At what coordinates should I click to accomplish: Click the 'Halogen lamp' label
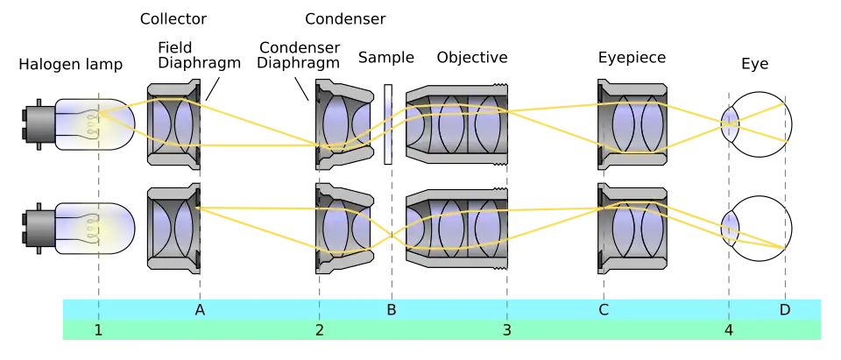click(71, 65)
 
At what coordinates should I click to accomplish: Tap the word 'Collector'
click(173, 19)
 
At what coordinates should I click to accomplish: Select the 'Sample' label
click(386, 58)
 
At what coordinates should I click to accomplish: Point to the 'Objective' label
click(472, 58)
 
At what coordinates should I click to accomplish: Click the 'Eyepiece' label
click(632, 58)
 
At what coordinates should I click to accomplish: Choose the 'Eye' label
click(754, 65)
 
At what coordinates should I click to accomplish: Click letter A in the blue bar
click(200, 310)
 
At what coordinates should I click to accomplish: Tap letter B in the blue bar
click(392, 310)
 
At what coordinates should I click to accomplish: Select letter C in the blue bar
click(604, 310)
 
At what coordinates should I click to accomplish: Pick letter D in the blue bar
click(785, 310)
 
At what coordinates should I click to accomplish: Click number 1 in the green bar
click(98, 330)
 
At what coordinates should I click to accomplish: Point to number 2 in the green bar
click(320, 330)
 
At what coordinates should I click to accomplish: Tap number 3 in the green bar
click(507, 330)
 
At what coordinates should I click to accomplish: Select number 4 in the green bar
click(728, 330)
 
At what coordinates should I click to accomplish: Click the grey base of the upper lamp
click(39, 124)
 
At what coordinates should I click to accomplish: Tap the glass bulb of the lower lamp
click(95, 229)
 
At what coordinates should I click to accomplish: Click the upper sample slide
click(388, 124)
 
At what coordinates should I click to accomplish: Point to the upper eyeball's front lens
click(730, 124)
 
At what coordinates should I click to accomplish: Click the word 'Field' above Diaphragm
click(175, 47)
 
